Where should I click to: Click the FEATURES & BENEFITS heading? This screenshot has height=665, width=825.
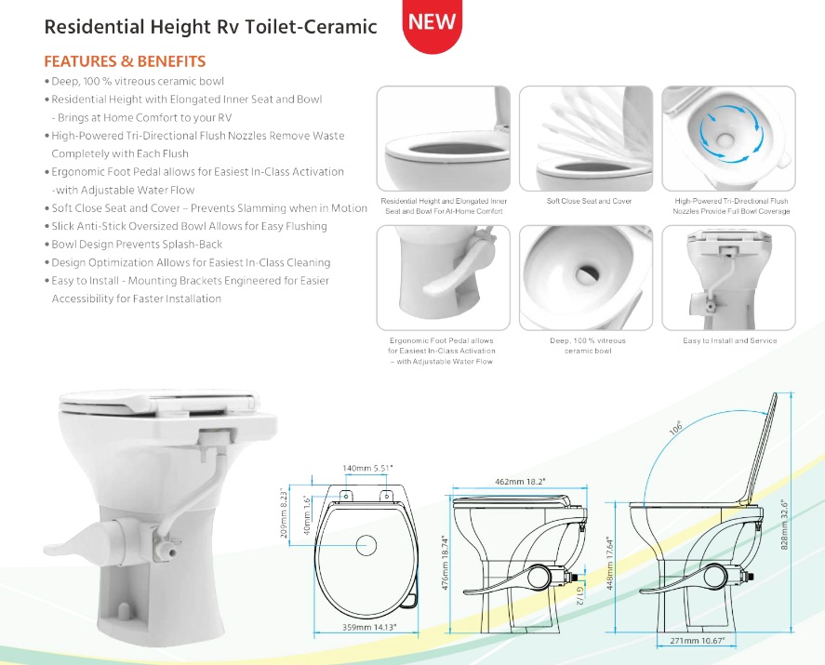pyautogui.click(x=125, y=61)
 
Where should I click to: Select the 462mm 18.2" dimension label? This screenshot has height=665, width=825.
pyautogui.click(x=520, y=482)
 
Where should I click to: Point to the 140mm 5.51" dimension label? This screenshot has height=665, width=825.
pyautogui.click(x=367, y=468)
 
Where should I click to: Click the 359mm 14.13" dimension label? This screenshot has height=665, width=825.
pyautogui.click(x=369, y=627)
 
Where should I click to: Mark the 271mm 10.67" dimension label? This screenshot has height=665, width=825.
pyautogui.click(x=698, y=641)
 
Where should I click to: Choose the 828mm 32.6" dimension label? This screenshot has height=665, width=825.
pyautogui.click(x=784, y=525)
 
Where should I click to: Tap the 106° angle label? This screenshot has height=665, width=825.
pyautogui.click(x=675, y=428)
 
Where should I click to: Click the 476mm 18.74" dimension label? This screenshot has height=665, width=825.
pyautogui.click(x=446, y=563)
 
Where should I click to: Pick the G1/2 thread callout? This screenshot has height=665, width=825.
pyautogui.click(x=579, y=596)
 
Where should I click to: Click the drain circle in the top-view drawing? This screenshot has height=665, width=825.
pyautogui.click(x=366, y=546)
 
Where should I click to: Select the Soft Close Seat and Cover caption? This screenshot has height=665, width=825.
pyautogui.click(x=589, y=201)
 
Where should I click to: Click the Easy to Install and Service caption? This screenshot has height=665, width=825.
pyautogui.click(x=730, y=340)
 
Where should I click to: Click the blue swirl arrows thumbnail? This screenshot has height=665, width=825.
pyautogui.click(x=728, y=139)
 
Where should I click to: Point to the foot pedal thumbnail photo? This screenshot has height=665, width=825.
pyautogui.click(x=443, y=278)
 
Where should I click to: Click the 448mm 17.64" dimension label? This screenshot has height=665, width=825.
pyautogui.click(x=610, y=563)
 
